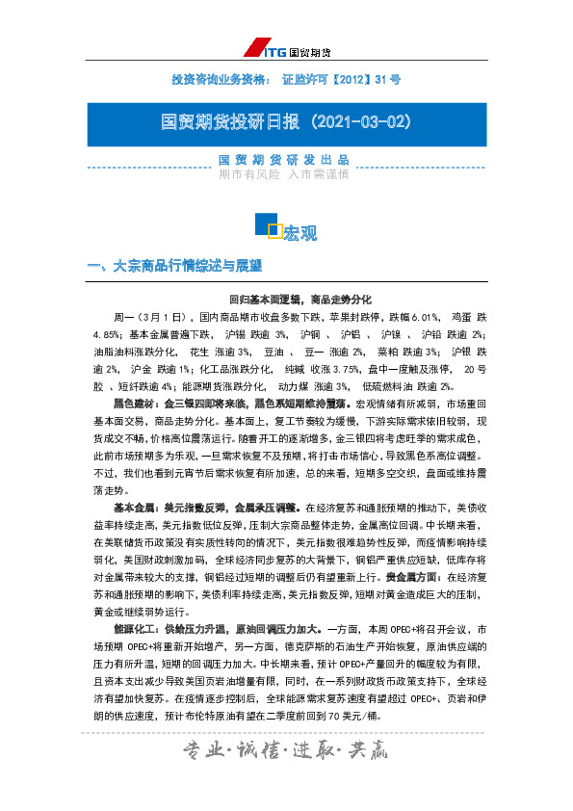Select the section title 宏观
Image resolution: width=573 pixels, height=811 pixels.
pos(300,232)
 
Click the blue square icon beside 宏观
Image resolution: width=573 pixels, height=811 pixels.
pos(267,225)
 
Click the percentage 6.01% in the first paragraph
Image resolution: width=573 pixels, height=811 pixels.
pos(411,316)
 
